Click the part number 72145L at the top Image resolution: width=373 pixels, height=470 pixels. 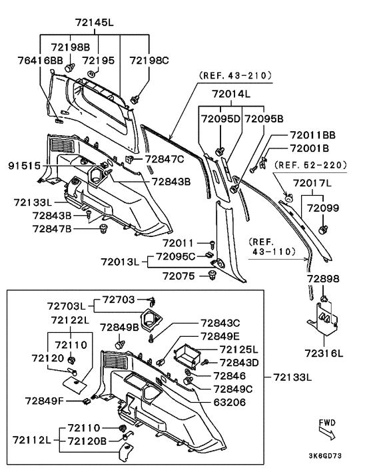(94, 23)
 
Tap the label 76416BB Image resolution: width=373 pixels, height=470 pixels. (41, 61)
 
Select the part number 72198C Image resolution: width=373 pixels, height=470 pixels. (149, 61)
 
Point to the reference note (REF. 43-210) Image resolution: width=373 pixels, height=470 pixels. (235, 75)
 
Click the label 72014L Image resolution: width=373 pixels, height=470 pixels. (231, 94)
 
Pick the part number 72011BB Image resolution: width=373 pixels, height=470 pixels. (313, 135)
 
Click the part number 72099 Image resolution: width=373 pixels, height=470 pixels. (323, 208)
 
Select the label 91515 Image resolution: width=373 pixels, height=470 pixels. (24, 166)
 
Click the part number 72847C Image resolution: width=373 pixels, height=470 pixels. (165, 159)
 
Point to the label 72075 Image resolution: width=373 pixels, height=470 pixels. (179, 276)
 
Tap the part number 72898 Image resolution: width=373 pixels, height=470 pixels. (323, 279)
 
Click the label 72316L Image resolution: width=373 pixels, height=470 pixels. (324, 353)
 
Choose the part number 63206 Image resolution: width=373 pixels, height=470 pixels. (229, 402)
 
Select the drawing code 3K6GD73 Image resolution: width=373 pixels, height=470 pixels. (325, 456)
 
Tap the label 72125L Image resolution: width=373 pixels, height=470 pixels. (238, 350)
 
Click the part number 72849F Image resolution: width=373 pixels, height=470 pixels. (45, 401)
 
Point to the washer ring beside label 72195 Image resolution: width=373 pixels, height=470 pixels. (91, 73)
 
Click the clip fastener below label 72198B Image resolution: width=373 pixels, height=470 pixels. (69, 67)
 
